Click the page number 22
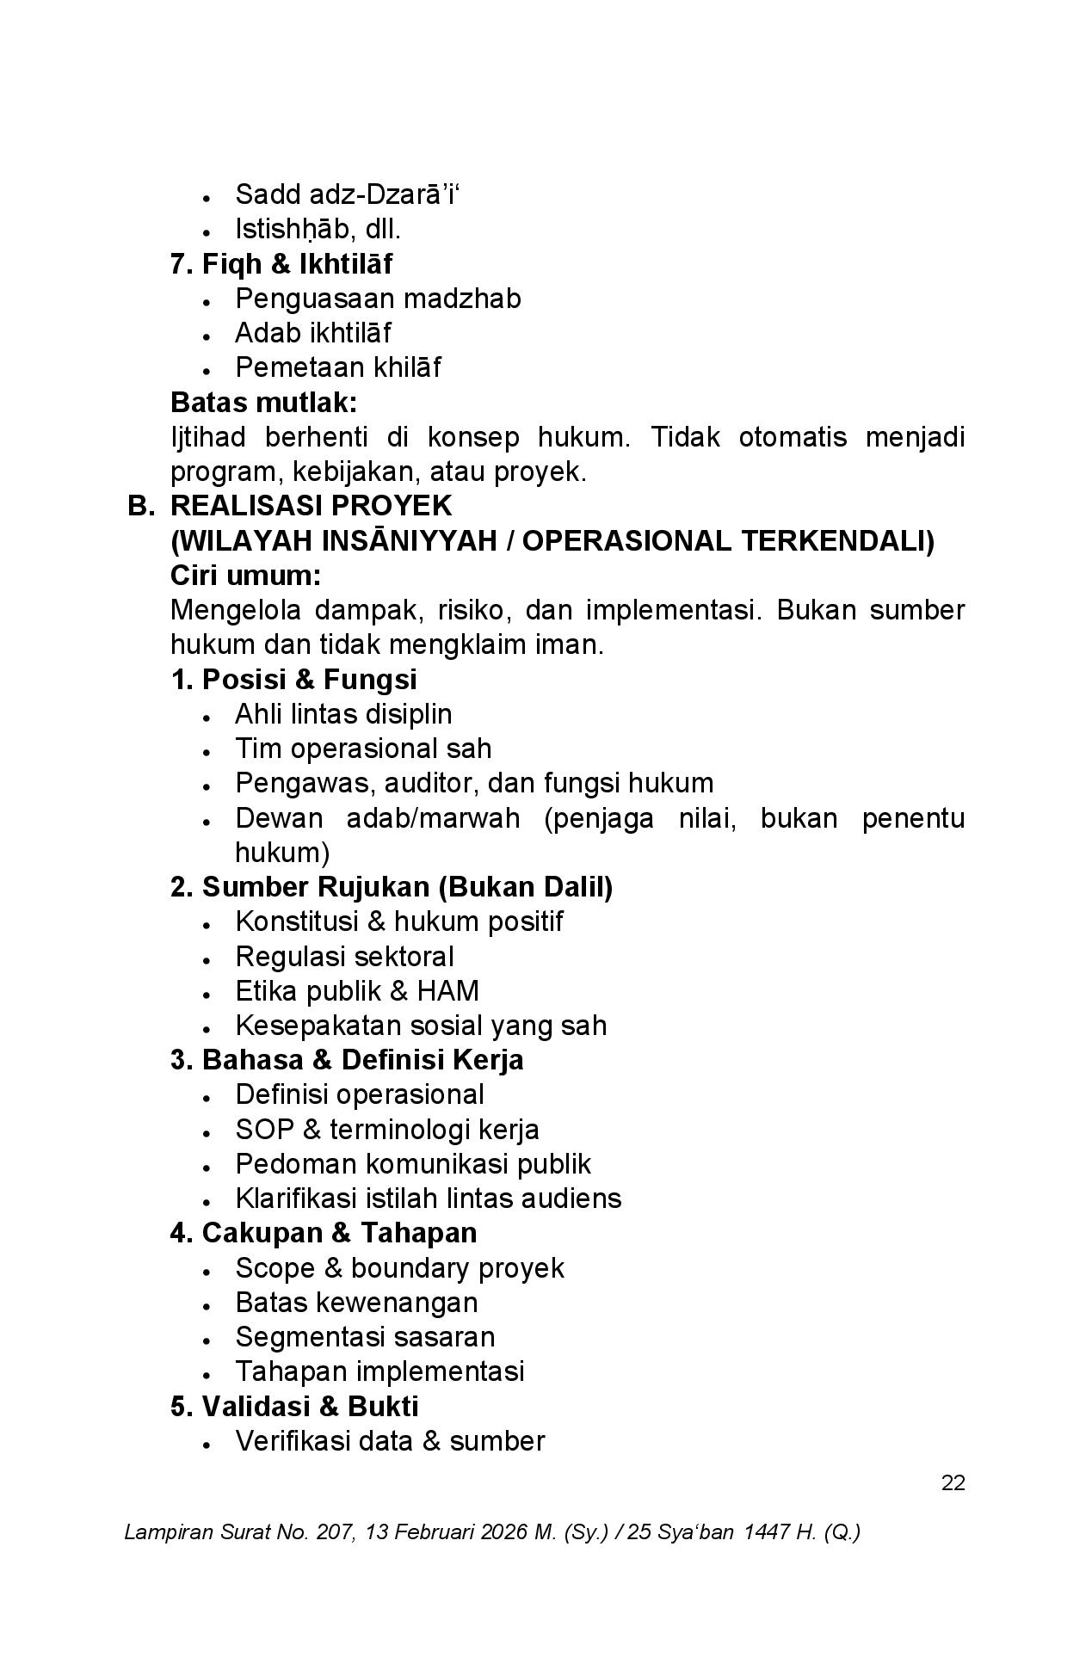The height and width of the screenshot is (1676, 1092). pyautogui.click(x=953, y=1482)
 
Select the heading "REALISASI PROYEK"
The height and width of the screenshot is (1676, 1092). pyautogui.click(x=311, y=505)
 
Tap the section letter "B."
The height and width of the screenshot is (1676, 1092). pyautogui.click(x=140, y=505)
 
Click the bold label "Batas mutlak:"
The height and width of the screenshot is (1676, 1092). pyautogui.click(x=263, y=402)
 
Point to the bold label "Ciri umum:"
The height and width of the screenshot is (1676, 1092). pyautogui.click(x=246, y=575)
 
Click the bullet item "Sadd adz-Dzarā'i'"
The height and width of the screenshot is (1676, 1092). pyautogui.click(x=347, y=194)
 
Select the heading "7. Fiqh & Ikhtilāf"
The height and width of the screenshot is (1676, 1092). pyautogui.click(x=281, y=263)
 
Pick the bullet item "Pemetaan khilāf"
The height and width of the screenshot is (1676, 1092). pyautogui.click(x=337, y=367)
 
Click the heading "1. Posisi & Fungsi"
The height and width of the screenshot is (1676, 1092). pyautogui.click(x=293, y=679)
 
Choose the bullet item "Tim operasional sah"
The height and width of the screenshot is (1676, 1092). pyautogui.click(x=363, y=749)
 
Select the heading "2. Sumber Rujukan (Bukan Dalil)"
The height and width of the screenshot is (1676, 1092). pyautogui.click(x=392, y=887)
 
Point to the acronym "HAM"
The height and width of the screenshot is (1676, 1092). pyautogui.click(x=447, y=991)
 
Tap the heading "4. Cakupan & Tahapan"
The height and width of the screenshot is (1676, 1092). pyautogui.click(x=324, y=1233)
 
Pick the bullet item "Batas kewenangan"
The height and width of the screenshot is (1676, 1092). pyautogui.click(x=356, y=1303)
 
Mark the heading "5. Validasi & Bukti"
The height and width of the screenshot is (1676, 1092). pyautogui.click(x=294, y=1407)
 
